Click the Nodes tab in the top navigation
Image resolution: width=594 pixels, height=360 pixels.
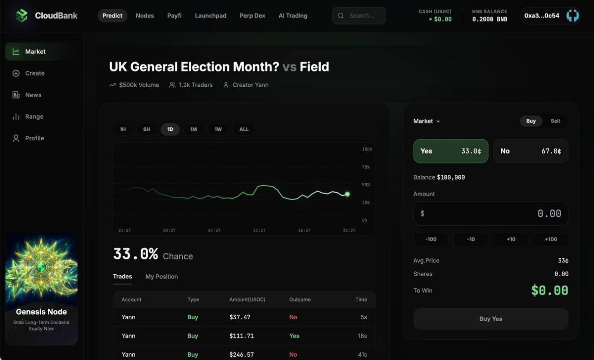(x=145, y=15)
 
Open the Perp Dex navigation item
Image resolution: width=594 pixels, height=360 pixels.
(x=252, y=15)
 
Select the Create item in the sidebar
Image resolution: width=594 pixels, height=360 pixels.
(x=35, y=73)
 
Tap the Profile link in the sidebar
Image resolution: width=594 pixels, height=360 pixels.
(x=35, y=138)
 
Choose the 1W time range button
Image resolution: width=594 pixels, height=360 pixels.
(x=218, y=129)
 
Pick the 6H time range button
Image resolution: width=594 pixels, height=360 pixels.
(x=147, y=129)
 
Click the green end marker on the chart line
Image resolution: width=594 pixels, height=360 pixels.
(x=347, y=194)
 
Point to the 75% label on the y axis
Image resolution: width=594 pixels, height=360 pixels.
(x=366, y=167)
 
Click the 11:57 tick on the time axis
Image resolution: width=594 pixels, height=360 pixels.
(x=259, y=231)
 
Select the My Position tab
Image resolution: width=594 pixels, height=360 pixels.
(x=161, y=277)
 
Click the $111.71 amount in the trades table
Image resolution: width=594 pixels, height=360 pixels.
(x=241, y=336)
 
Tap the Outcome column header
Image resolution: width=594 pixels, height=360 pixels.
(x=300, y=300)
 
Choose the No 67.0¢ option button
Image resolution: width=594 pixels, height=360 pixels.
(x=531, y=151)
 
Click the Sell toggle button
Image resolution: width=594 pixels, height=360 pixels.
(x=555, y=121)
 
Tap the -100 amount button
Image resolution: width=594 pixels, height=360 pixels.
(x=431, y=239)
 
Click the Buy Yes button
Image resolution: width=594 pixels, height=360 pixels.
(x=491, y=319)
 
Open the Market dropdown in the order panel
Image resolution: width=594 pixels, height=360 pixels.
(x=427, y=121)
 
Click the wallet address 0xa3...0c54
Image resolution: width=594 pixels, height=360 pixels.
(x=541, y=15)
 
